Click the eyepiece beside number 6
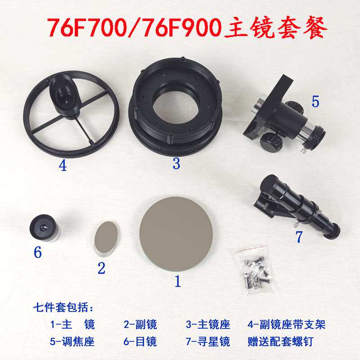point(44,228)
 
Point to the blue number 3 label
point(176,164)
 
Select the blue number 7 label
point(299,236)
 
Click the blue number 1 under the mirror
point(177,282)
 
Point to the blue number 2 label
point(101,269)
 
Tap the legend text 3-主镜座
point(208,324)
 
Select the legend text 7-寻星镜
point(208,342)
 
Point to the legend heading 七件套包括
point(63,309)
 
